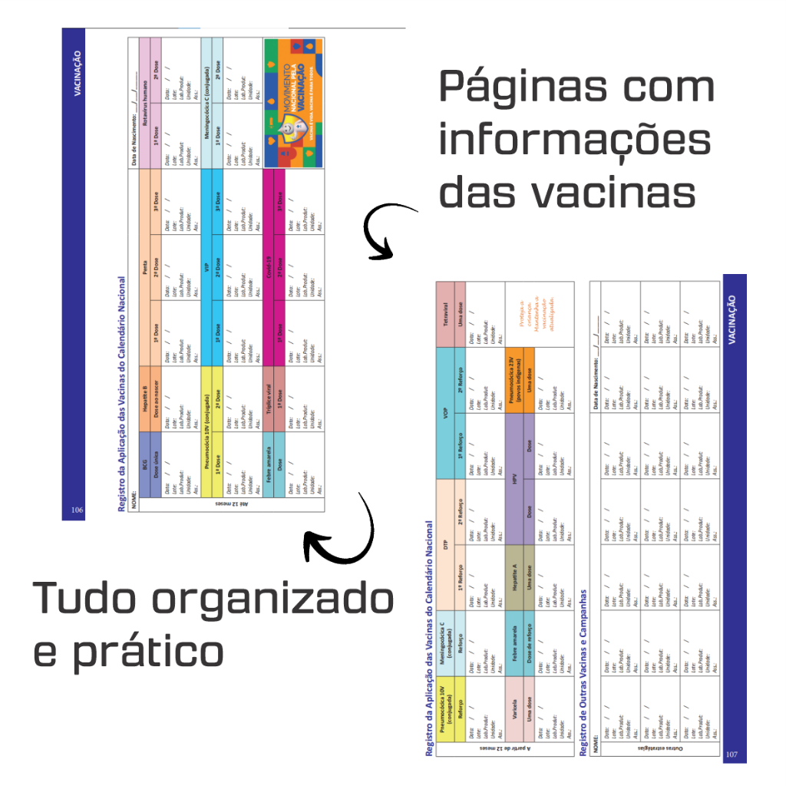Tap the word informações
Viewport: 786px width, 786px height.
click(575, 141)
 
